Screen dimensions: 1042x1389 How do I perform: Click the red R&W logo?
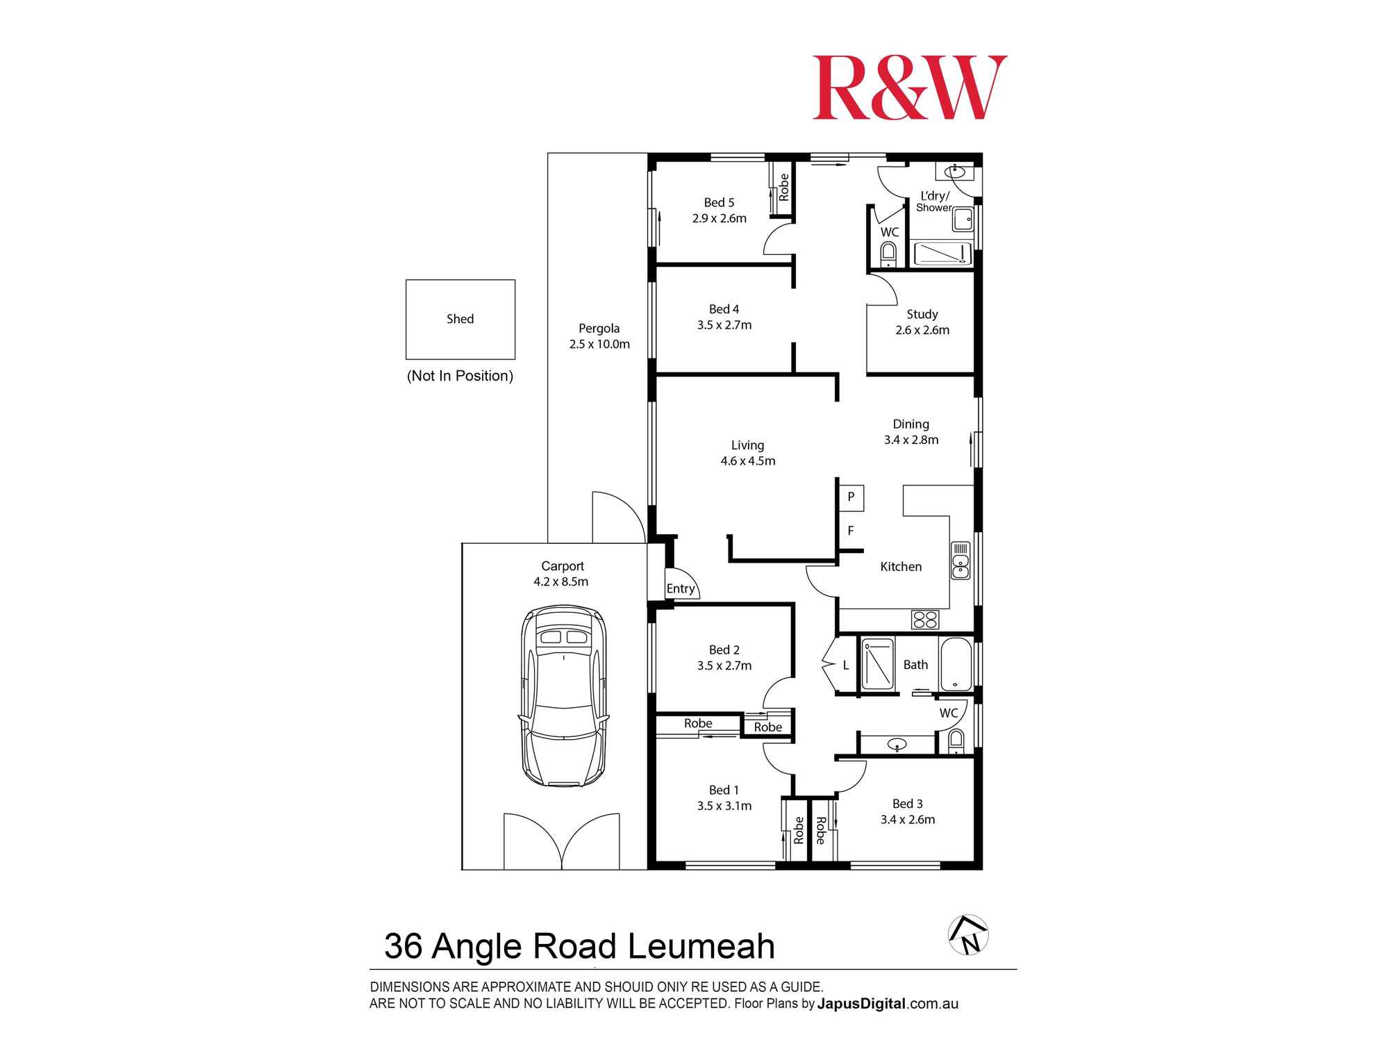tap(909, 88)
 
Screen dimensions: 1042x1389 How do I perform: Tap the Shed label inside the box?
tap(460, 319)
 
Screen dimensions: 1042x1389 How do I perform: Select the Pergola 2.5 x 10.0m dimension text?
tap(599, 345)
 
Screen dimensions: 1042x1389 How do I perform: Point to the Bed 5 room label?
tap(719, 203)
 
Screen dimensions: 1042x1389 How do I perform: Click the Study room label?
tap(922, 315)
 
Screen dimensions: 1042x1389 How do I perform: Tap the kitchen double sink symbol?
tap(960, 561)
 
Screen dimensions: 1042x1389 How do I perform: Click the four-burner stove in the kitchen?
tap(924, 620)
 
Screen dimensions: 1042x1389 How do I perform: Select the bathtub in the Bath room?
tap(956, 665)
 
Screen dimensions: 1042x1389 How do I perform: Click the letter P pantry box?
tap(851, 497)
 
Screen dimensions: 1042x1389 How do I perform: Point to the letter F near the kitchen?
tap(850, 531)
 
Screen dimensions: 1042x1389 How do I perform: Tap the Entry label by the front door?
tap(681, 589)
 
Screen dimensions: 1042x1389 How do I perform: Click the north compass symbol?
tap(968, 935)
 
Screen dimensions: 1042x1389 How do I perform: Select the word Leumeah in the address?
tap(701, 946)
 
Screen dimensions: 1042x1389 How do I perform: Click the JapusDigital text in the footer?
tap(861, 1004)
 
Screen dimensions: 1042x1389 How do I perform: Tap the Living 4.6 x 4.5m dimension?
tap(748, 461)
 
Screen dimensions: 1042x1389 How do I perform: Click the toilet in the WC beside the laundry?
tap(888, 254)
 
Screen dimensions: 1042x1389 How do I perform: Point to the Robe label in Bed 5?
tap(784, 188)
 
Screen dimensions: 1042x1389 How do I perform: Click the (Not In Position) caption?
tap(460, 376)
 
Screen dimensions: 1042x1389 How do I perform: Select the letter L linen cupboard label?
tap(846, 665)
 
